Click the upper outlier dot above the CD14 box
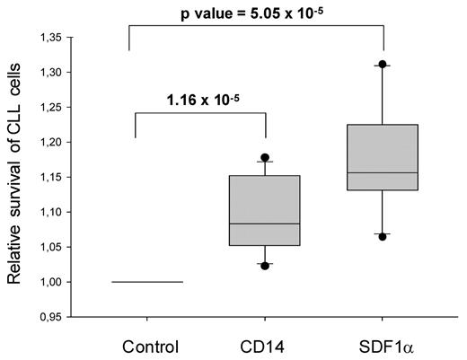[264, 157]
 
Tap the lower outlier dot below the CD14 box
[264, 266]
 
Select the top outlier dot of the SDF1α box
[383, 65]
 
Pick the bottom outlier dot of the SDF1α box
[383, 236]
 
